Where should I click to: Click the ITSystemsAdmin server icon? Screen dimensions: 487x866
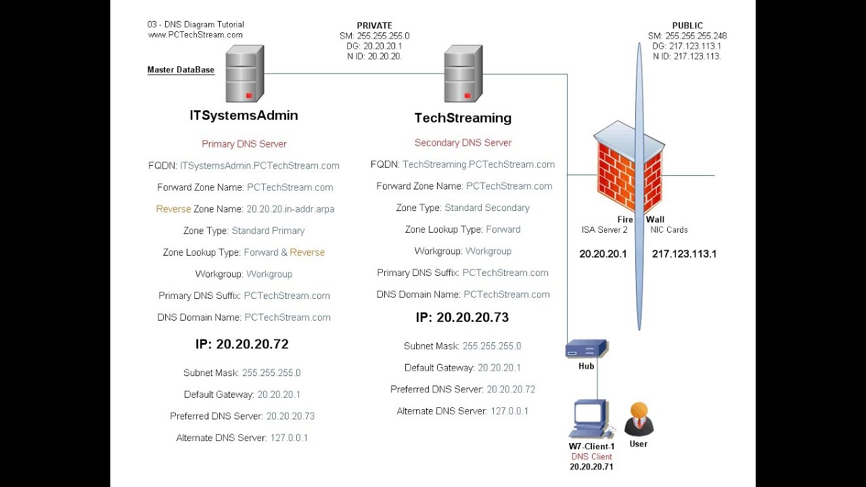click(244, 73)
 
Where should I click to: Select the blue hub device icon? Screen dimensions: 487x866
click(586, 349)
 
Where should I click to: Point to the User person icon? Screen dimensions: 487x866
click(639, 419)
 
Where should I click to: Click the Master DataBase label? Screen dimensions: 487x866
click(181, 70)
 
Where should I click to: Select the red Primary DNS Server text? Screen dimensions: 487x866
click(244, 144)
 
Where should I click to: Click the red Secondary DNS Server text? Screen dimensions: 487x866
click(463, 143)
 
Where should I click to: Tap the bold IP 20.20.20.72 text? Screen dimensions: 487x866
click(242, 344)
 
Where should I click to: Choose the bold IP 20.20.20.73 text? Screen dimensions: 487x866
click(462, 317)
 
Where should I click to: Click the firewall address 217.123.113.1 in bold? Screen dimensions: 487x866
click(684, 254)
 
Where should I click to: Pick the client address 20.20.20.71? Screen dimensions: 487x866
click(591, 467)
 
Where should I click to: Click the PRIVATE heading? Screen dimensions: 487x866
click(374, 26)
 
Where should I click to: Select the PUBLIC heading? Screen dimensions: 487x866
click(687, 26)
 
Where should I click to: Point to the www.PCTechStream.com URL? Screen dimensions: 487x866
click(196, 34)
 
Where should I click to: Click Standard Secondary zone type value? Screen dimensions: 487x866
click(487, 208)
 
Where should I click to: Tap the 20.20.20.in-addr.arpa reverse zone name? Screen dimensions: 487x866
click(290, 209)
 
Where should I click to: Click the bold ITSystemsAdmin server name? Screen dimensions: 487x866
click(244, 116)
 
